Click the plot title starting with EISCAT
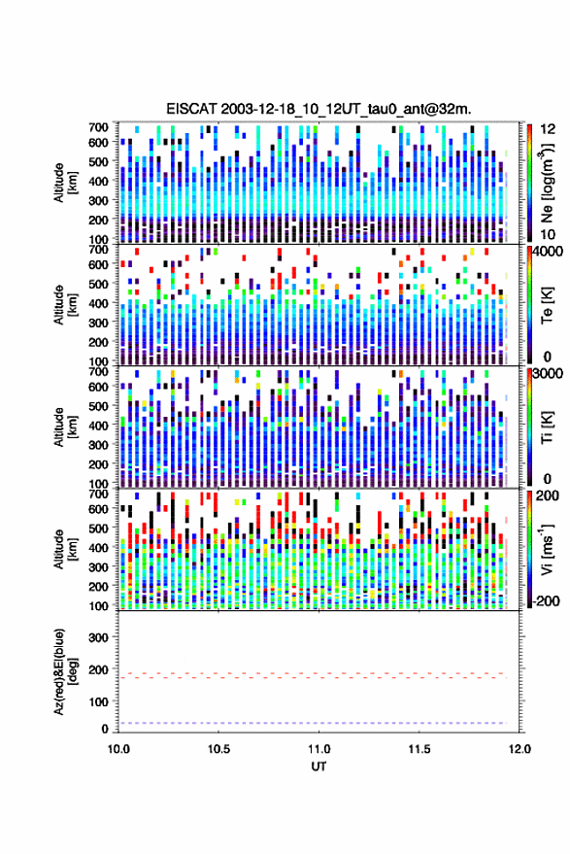319,109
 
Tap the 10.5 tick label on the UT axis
218,749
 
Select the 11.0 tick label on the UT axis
319,749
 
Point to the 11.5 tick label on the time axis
419,749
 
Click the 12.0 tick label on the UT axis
520,749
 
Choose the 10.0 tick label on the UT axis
118,749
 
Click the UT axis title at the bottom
319,767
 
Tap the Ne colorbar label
547,182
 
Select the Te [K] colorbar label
547,305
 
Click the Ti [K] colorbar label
547,427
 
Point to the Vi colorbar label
547,549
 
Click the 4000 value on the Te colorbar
548,253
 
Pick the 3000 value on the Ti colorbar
548,374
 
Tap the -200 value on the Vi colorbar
546,600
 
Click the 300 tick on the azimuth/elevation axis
98,637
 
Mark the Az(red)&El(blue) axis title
65,672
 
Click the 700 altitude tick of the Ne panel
98,127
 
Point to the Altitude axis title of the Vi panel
65,549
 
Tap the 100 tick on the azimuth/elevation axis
98,702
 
